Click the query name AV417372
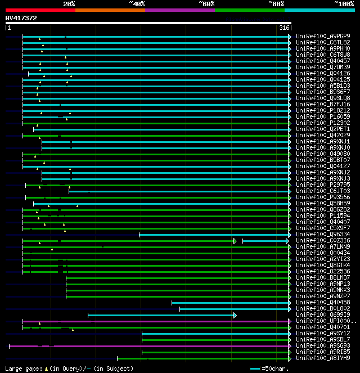21,18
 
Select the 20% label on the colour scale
69,4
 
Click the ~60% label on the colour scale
206,4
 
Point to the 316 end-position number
284,28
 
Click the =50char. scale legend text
277,368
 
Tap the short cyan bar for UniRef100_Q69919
161,315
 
